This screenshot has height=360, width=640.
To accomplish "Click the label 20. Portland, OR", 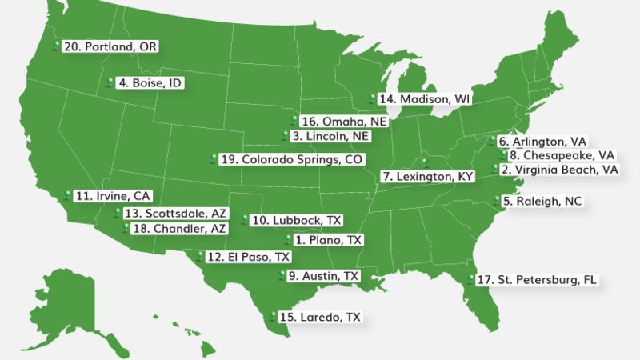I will point(110,47).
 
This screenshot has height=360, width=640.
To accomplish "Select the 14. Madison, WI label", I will point(425,99).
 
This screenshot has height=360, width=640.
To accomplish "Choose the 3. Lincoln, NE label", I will point(330,136).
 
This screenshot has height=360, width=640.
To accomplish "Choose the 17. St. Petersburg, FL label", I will point(536,280).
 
